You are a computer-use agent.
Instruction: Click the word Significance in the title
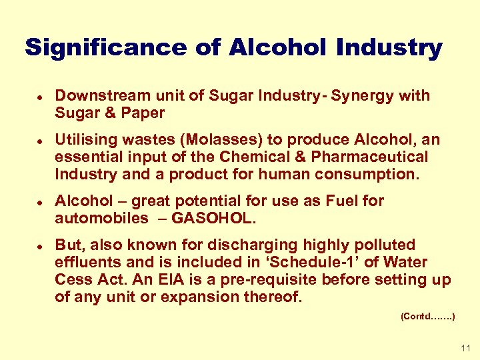point(106,47)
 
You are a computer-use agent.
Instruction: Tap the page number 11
point(465,348)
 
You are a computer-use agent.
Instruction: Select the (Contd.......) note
point(428,317)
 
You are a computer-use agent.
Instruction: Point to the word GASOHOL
point(204,218)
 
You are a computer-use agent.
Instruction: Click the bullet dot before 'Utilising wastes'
point(41,140)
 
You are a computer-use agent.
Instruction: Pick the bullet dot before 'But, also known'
point(41,245)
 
